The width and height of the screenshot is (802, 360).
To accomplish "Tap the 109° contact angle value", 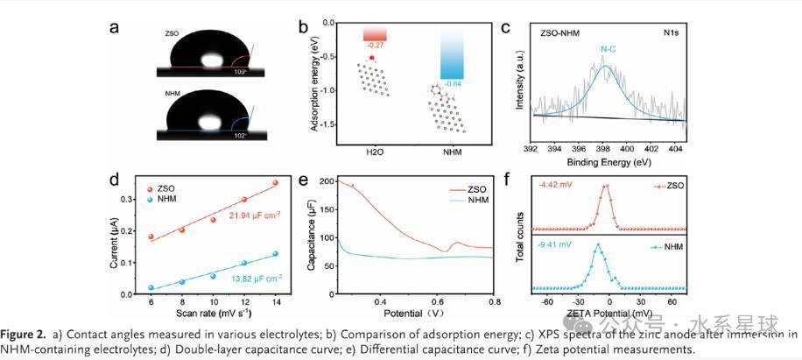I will tap(238, 72).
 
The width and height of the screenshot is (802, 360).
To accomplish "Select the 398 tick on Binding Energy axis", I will tap(604, 150).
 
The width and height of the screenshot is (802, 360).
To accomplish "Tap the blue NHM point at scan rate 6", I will tap(151, 287).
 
